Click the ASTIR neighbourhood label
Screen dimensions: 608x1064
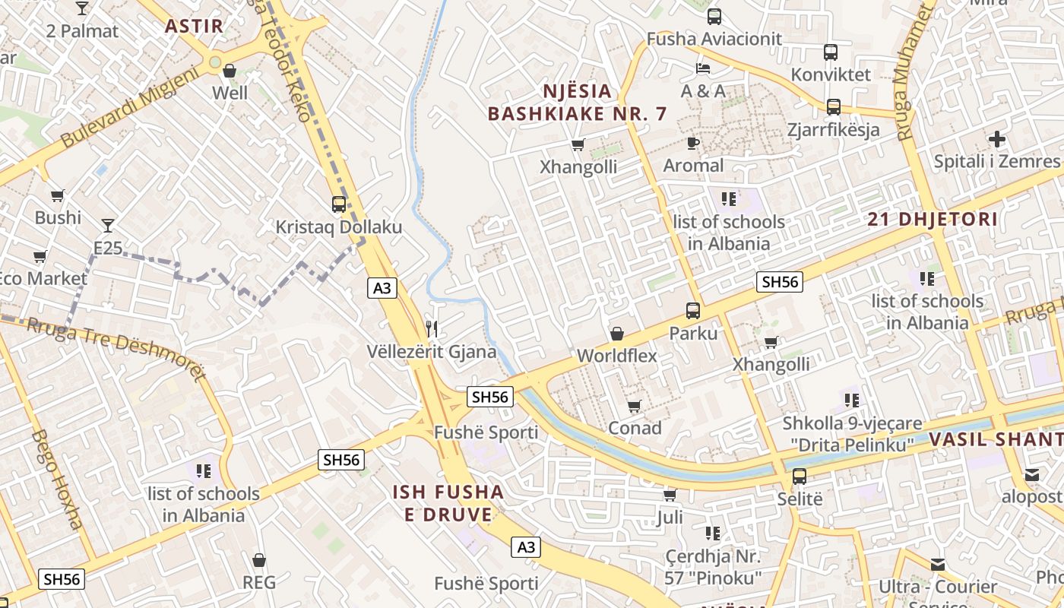195,26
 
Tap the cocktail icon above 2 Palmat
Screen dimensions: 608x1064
82,8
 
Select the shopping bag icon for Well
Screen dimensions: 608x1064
230,71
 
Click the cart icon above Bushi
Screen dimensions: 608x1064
58,195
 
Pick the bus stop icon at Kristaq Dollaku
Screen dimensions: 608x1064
339,204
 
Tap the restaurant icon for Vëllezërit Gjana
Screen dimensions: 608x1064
432,328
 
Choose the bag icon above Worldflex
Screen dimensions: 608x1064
617,334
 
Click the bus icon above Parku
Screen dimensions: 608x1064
693,310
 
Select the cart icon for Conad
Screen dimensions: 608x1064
635,406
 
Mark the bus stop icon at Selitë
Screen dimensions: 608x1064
800,477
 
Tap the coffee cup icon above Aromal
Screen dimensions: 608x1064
693,143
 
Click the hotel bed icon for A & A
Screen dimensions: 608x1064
703,68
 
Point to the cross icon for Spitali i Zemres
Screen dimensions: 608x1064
996,139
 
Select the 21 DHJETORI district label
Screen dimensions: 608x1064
933,220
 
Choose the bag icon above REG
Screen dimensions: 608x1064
259,560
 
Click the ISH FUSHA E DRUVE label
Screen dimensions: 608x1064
448,503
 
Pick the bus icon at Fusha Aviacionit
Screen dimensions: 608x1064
714,16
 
